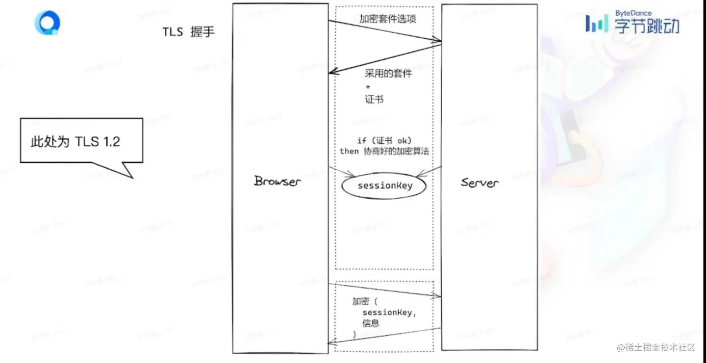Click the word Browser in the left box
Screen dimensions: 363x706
(277, 181)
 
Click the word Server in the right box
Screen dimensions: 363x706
(479, 182)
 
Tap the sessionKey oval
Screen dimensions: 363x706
(385, 186)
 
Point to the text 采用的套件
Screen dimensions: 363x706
(388, 74)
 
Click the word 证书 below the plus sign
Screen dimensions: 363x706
(374, 99)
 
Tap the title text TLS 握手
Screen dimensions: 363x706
(189, 32)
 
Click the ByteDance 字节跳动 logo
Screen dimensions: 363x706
(633, 22)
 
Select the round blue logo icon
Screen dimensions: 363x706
(47, 23)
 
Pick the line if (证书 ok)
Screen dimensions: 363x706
(384, 141)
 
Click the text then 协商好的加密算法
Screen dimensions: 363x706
(384, 151)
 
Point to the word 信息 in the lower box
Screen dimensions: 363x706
(371, 323)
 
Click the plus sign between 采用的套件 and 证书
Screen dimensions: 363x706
(368, 87)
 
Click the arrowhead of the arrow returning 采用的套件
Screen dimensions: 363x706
(333, 72)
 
